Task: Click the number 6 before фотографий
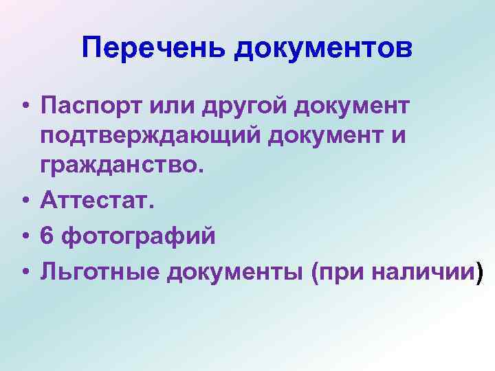[x=47, y=236]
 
